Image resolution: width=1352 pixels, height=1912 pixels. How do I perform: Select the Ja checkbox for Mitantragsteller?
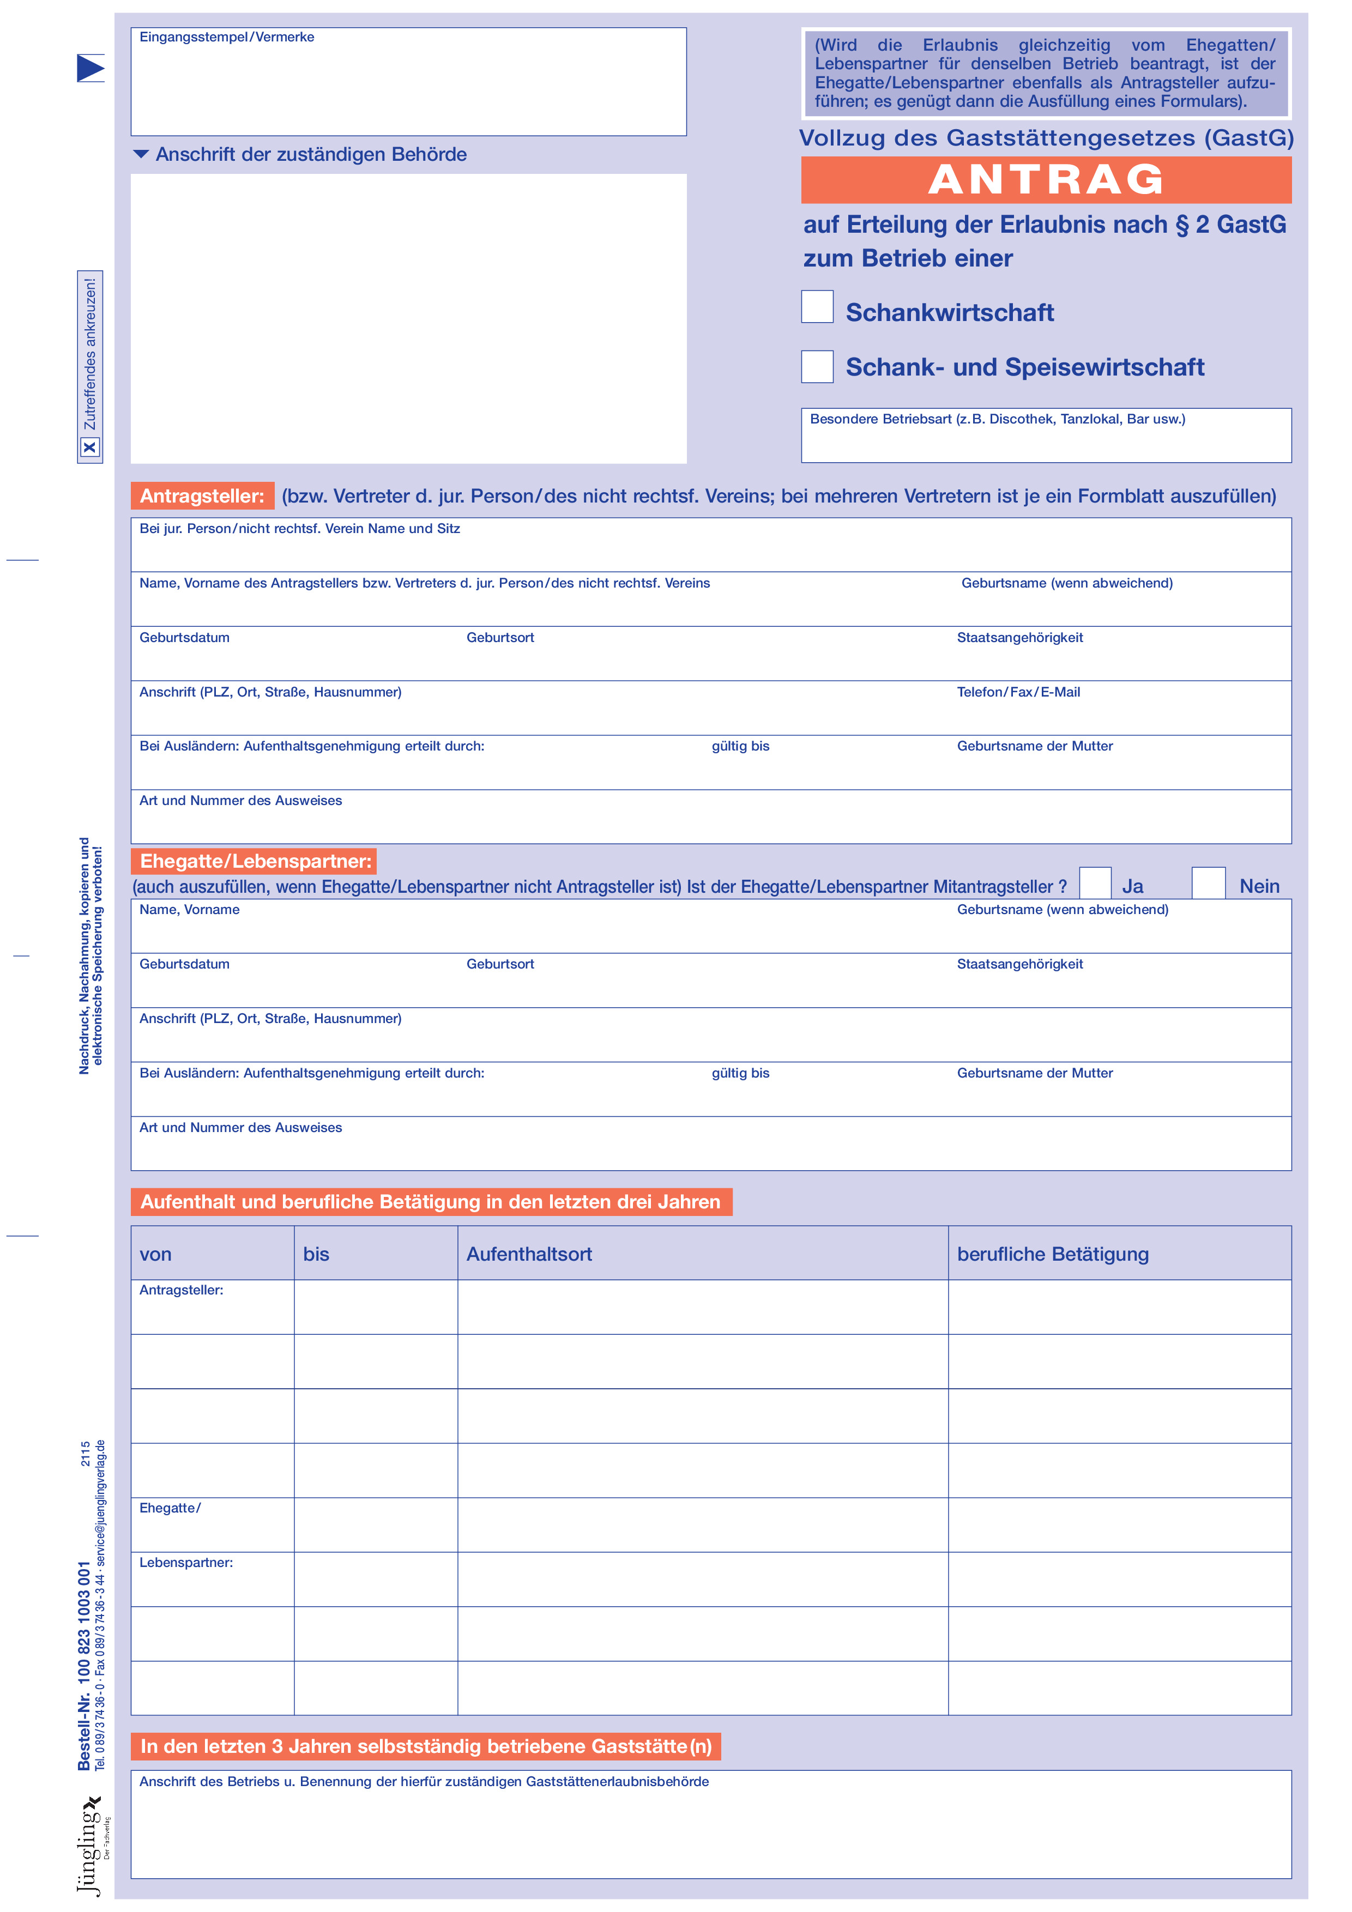click(x=1095, y=883)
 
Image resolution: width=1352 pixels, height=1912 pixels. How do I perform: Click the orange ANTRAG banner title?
click(x=1046, y=180)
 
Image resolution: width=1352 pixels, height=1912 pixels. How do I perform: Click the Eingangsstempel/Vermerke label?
click(x=227, y=38)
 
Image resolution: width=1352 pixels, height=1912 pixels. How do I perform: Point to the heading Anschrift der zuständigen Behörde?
click(x=311, y=155)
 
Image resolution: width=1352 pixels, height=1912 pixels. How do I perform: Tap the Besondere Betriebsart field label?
click(x=997, y=420)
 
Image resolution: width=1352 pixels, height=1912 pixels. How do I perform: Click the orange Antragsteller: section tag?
click(x=202, y=497)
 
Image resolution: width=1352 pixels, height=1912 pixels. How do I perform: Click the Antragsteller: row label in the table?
click(x=181, y=1290)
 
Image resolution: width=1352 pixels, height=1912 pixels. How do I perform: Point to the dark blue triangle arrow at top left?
click(x=90, y=68)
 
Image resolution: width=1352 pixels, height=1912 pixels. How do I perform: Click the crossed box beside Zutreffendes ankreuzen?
click(x=90, y=448)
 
